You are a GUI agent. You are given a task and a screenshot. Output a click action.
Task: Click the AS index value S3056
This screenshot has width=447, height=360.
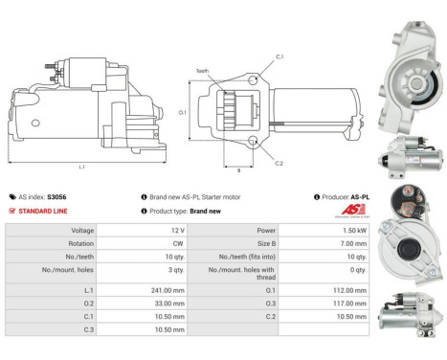[57, 195]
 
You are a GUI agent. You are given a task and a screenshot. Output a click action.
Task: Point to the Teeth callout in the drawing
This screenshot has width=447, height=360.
[202, 71]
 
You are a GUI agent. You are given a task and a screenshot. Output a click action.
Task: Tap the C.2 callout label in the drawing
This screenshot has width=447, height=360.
[279, 164]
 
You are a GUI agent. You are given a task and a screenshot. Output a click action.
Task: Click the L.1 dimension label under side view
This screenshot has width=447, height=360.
[82, 169]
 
